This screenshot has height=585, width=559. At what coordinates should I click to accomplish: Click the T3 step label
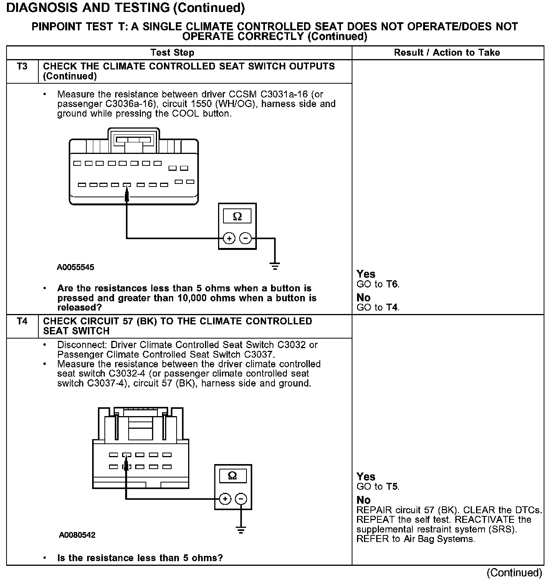[x=22, y=66]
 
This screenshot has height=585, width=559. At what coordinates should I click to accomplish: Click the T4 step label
[x=22, y=321]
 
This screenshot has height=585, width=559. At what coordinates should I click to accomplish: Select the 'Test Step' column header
[x=172, y=53]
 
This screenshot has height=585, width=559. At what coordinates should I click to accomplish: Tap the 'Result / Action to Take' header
[x=447, y=53]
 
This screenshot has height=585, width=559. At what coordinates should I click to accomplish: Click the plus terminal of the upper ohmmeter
[x=229, y=238]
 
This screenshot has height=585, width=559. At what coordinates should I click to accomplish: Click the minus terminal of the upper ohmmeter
[x=245, y=238]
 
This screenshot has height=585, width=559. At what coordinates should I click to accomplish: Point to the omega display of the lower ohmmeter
[x=232, y=476]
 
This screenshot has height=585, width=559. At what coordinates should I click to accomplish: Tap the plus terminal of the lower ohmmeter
[x=225, y=499]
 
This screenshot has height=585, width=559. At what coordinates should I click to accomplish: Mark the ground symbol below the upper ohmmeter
[x=275, y=266]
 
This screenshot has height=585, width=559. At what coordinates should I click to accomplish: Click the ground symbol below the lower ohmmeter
[x=241, y=531]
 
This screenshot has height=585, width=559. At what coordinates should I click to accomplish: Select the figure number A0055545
[x=76, y=267]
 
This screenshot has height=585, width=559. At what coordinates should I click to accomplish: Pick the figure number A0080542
[x=77, y=535]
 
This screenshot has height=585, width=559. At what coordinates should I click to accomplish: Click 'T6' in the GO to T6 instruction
[x=392, y=284]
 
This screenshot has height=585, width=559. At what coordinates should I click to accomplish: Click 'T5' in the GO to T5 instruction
[x=392, y=487]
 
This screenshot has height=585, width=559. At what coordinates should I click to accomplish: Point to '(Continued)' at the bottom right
[x=514, y=573]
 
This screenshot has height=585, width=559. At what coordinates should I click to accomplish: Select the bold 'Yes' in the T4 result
[x=365, y=477]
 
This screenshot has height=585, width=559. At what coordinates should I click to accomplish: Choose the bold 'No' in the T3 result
[x=363, y=297]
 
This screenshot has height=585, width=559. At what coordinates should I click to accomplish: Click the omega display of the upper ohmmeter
[x=237, y=216]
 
